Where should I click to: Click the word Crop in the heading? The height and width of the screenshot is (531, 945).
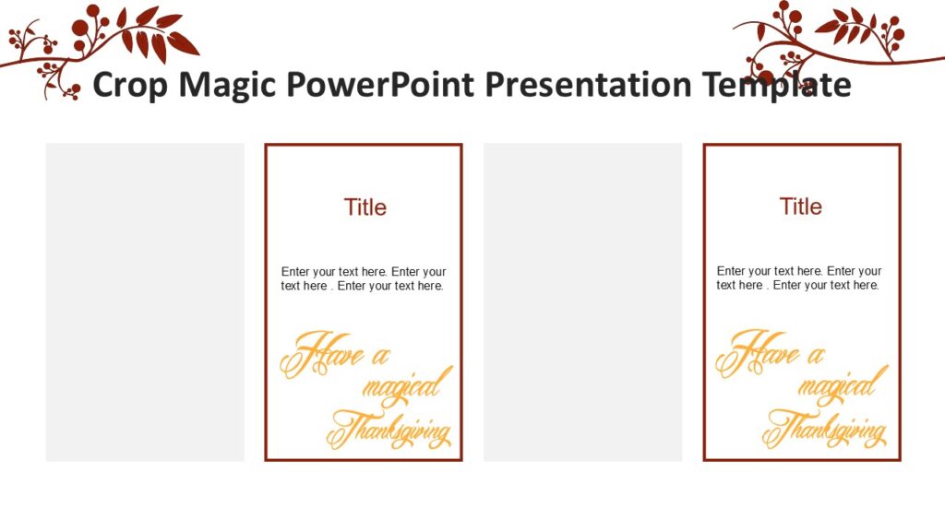tap(131, 85)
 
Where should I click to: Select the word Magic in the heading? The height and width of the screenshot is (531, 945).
tap(226, 85)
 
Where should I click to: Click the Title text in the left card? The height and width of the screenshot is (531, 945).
tap(365, 207)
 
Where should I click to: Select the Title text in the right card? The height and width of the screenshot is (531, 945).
tap(801, 206)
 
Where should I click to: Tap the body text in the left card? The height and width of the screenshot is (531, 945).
tap(364, 278)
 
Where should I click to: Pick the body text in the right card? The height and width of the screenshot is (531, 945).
tap(799, 278)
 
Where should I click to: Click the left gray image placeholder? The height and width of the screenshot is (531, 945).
tap(145, 301)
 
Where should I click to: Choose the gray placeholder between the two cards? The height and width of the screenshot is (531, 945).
tap(582, 301)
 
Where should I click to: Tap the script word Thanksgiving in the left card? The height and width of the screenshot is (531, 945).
tap(390, 430)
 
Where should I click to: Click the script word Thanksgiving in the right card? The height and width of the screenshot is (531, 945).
tap(826, 430)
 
